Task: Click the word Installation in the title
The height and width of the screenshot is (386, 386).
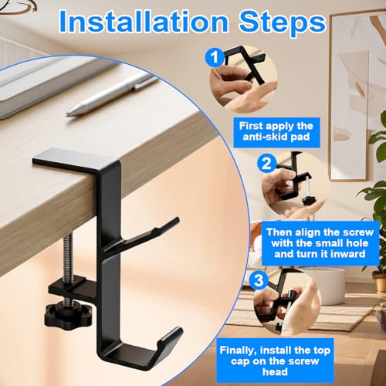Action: click(x=144, y=22)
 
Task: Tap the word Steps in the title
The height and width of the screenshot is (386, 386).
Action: click(x=282, y=24)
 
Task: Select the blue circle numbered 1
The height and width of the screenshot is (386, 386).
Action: click(x=215, y=58)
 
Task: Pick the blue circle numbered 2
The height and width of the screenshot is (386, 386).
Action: click(x=266, y=163)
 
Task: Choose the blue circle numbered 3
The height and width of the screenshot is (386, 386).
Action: click(x=259, y=280)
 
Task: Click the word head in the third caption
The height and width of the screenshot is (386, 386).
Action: click(x=275, y=372)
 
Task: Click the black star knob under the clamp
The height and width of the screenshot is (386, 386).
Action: click(x=69, y=313)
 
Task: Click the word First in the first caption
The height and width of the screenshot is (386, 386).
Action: click(x=251, y=126)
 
